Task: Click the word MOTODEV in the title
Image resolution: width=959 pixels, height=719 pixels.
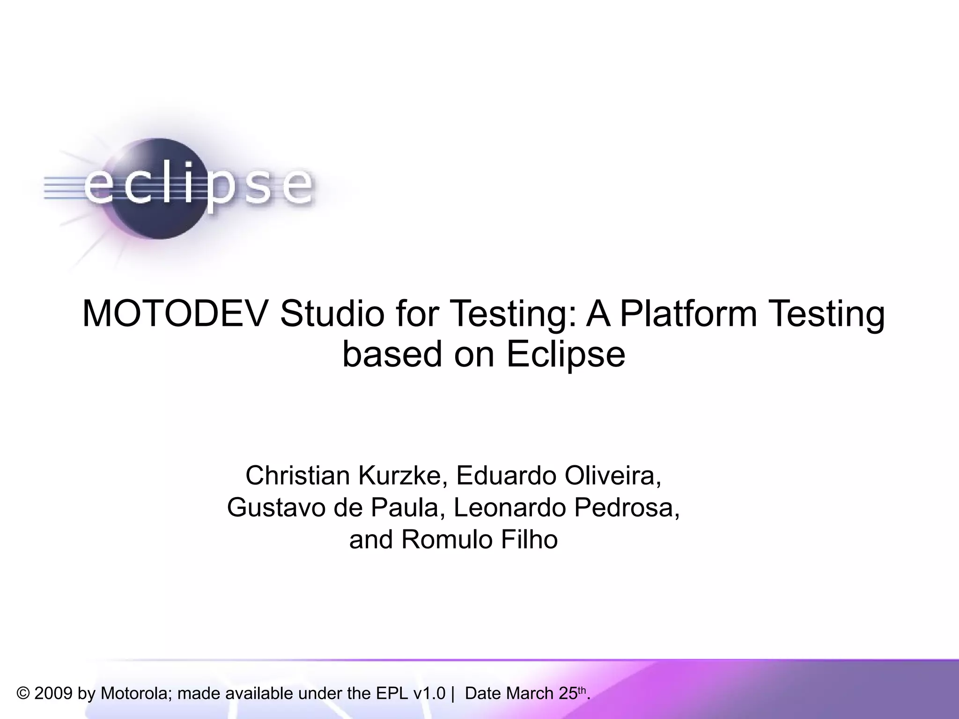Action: click(x=176, y=313)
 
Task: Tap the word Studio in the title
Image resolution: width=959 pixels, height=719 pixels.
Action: click(x=332, y=313)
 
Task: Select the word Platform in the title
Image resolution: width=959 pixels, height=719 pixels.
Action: click(x=688, y=313)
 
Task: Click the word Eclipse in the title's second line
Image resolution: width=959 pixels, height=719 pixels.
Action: click(x=566, y=354)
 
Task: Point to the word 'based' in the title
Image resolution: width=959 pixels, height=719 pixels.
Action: click(x=392, y=354)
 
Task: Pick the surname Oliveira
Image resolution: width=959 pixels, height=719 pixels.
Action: click(x=612, y=476)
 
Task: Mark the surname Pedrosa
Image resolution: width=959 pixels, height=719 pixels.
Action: click(x=627, y=508)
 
